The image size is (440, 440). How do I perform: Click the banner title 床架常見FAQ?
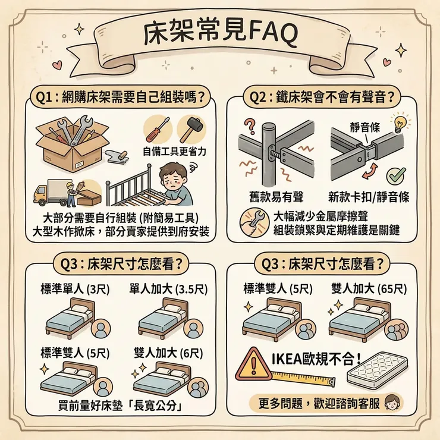pyautogui.click(x=220, y=35)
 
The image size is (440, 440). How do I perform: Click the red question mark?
pyautogui.click(x=250, y=127)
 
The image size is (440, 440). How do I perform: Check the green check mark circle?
pyautogui.click(x=395, y=176)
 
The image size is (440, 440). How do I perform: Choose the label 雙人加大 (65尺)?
pyautogui.click(x=369, y=289)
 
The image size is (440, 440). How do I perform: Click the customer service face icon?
pyautogui.click(x=393, y=403)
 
